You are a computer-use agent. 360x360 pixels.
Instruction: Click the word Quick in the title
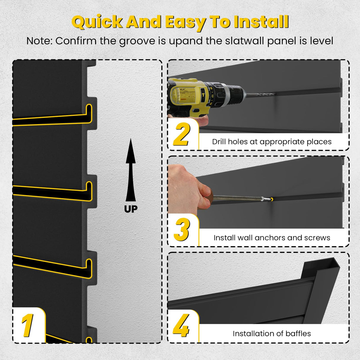point(97,22)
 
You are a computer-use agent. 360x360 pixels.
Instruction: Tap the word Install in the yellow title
point(261,22)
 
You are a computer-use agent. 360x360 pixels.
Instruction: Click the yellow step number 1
point(28,325)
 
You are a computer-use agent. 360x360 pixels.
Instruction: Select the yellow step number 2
point(181,134)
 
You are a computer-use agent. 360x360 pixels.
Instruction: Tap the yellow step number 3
point(181,230)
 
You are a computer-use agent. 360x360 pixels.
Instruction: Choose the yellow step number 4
point(181,326)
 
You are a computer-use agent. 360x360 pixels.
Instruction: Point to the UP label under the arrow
point(131,209)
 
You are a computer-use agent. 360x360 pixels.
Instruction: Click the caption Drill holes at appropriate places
point(272,142)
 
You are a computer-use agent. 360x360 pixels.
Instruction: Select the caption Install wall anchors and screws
point(272,238)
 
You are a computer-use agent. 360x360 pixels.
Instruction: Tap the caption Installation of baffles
point(272,334)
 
